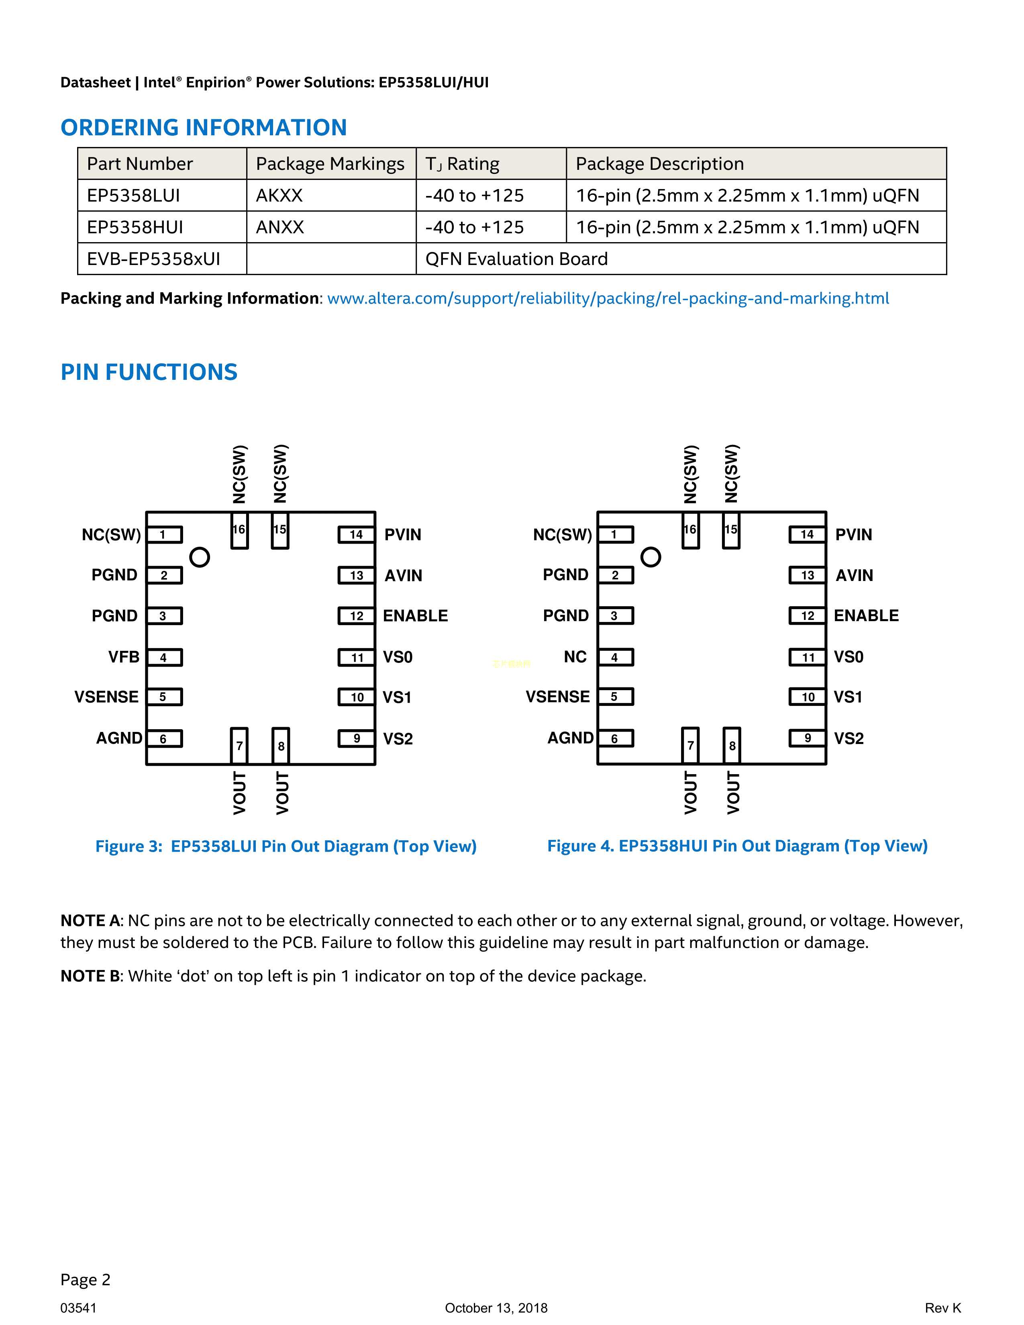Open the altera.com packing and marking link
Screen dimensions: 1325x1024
(608, 298)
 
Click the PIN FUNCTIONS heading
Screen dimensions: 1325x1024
(149, 372)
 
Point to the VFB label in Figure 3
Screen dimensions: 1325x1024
(124, 657)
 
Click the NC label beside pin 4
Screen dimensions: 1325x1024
(575, 657)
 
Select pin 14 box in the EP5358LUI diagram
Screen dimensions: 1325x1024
(356, 534)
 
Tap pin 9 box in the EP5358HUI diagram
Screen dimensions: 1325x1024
(808, 738)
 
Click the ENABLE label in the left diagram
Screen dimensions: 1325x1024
(416, 616)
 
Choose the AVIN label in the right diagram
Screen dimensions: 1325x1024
(855, 575)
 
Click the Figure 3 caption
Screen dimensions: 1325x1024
(286, 846)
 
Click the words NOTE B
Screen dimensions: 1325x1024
(91, 976)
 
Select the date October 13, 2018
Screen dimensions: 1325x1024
(496, 1308)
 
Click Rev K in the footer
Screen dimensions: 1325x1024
(943, 1308)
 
